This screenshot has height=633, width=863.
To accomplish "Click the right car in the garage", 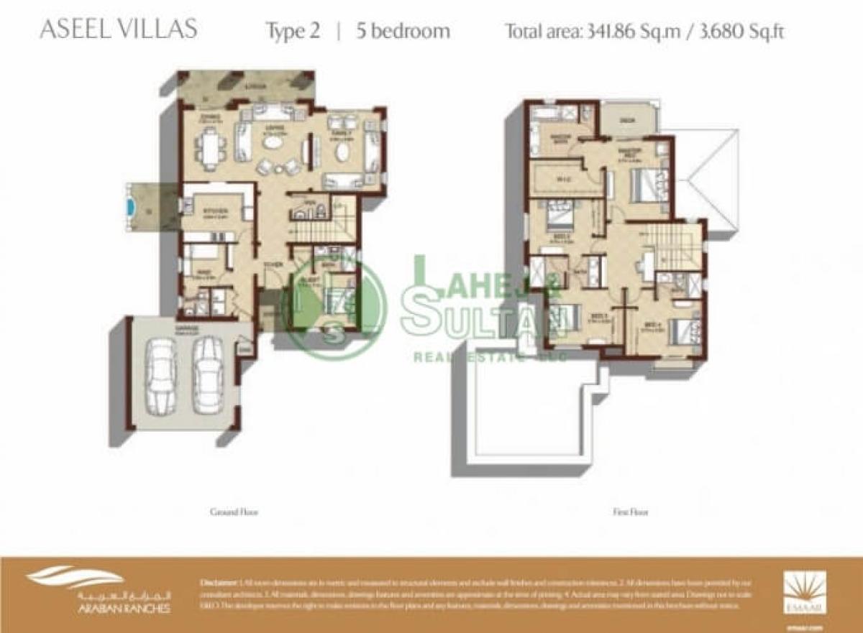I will (x=208, y=376).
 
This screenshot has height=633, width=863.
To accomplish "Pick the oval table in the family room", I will (x=342, y=153).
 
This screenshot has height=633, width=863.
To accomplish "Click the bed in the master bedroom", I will (x=647, y=184).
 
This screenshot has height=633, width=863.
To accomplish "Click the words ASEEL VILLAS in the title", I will (x=119, y=30).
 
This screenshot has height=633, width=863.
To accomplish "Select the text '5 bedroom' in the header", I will (x=403, y=31).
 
